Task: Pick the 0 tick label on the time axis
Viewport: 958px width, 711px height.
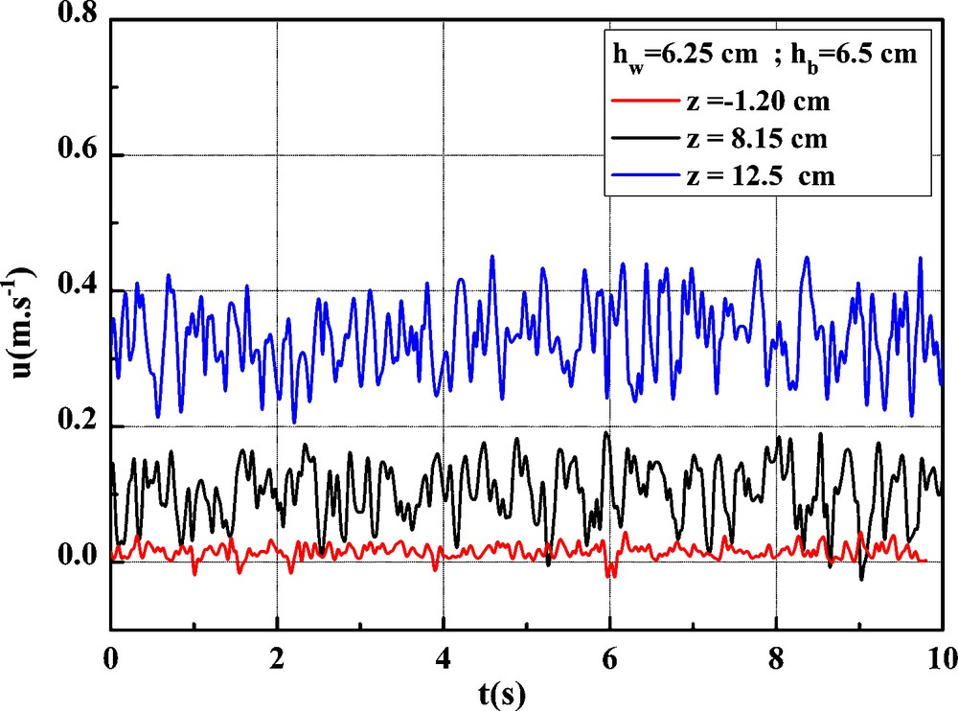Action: pyautogui.click(x=111, y=657)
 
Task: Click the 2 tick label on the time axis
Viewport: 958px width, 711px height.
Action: pyautogui.click(x=277, y=657)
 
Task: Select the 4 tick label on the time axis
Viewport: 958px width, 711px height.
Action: pyautogui.click(x=443, y=657)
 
